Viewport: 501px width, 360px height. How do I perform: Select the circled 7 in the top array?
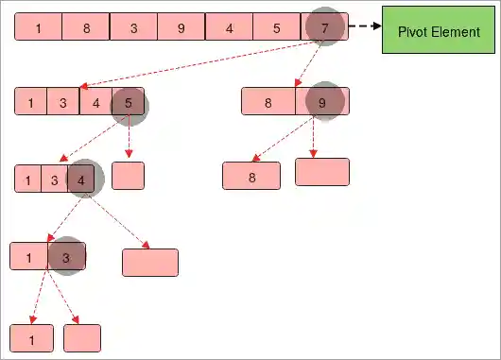pos(325,27)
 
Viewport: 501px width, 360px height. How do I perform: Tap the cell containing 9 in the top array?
pos(181,27)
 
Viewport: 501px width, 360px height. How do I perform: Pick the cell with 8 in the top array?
pos(86,27)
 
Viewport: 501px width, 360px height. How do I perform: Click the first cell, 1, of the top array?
pos(39,27)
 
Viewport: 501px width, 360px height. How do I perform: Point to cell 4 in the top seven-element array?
pos(230,27)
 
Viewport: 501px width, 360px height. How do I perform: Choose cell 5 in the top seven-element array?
pos(276,27)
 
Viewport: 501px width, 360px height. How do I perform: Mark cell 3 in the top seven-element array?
pos(133,27)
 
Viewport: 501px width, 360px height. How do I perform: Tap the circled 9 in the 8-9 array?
pos(322,102)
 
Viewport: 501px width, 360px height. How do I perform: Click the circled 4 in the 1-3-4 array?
pos(84,179)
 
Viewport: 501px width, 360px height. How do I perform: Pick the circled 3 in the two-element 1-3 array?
pos(65,256)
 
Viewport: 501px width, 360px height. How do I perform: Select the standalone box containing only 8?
pos(251,176)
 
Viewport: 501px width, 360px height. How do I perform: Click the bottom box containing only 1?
pos(31,337)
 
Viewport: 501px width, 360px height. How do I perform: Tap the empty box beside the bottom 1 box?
pos(82,337)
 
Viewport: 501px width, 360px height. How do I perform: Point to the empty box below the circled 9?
pos(322,171)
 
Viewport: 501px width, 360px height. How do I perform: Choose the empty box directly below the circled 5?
pos(128,176)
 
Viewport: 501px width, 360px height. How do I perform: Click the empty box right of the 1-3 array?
pos(150,262)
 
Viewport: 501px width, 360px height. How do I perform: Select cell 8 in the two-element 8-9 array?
pos(268,102)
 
